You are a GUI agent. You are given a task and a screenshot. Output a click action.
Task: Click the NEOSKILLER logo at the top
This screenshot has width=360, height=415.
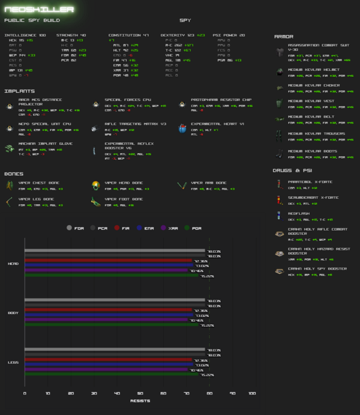[30, 9]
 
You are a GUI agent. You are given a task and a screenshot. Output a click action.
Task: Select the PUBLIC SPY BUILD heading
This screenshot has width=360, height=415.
[32, 20]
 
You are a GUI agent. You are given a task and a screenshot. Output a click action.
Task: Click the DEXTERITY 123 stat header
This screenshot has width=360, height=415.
[176, 35]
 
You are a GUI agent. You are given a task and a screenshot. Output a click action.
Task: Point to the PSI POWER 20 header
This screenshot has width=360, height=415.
[229, 35]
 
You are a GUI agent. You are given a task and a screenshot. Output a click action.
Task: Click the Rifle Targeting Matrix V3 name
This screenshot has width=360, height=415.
[135, 124]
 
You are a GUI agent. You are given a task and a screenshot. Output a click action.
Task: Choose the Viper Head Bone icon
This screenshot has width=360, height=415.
[95, 185]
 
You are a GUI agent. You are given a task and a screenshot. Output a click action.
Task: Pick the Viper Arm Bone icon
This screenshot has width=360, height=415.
[182, 185]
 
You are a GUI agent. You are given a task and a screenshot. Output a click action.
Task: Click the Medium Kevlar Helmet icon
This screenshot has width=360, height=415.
[279, 72]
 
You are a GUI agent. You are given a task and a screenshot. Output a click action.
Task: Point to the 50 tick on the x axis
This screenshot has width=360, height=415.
[140, 393]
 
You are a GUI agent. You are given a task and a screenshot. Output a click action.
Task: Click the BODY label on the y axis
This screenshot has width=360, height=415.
[13, 313]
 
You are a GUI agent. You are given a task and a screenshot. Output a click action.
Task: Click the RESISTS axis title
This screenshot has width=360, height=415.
[140, 401]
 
